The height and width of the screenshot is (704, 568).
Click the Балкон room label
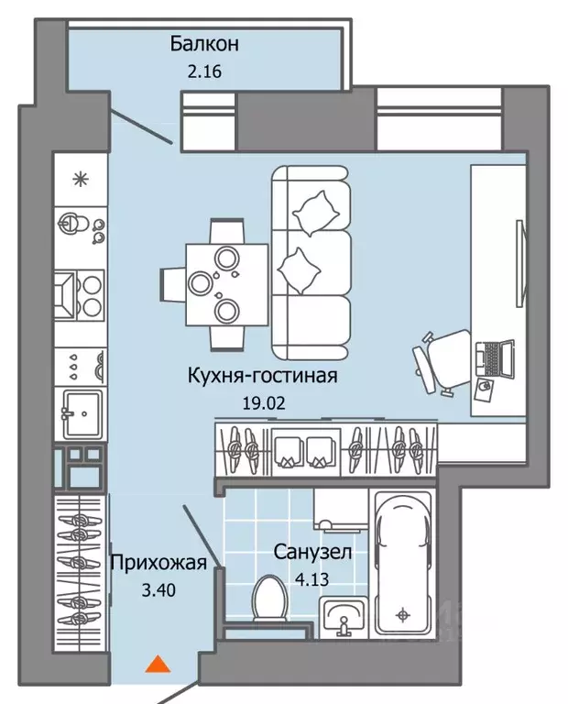[204, 44]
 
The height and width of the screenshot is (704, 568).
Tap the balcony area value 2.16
[204, 71]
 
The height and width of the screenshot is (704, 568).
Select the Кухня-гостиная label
[262, 376]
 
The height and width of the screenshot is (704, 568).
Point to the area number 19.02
[264, 403]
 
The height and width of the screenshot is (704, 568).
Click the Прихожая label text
[158, 563]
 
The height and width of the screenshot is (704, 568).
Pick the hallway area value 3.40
[158, 590]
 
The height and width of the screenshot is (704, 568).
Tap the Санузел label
[312, 552]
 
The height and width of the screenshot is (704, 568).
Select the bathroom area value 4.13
[312, 579]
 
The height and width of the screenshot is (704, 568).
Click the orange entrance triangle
[158, 665]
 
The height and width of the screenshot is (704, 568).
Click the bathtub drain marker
[403, 615]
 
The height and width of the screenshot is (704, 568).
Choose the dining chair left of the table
[173, 284]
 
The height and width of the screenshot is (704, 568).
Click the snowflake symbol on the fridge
[81, 180]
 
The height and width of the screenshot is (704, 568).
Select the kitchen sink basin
[82, 414]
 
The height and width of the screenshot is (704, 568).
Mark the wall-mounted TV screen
[520, 263]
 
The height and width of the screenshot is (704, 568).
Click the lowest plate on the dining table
[226, 310]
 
